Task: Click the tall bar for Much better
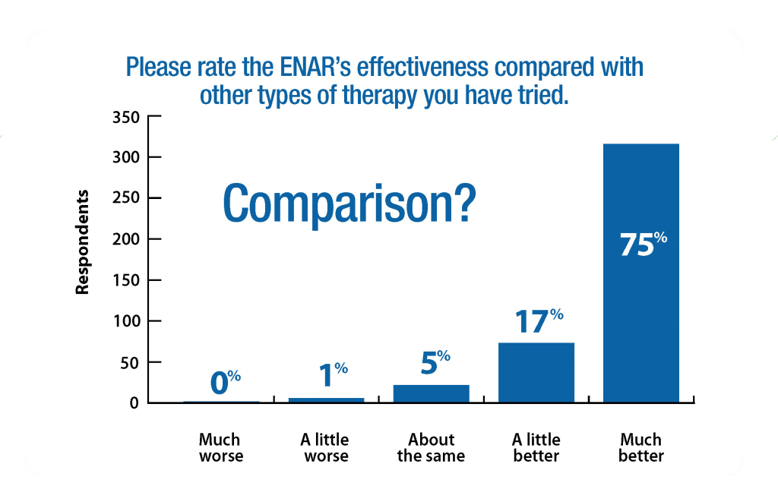pyautogui.click(x=640, y=304)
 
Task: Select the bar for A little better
pyautogui.click(x=536, y=372)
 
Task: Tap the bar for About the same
pyautogui.click(x=431, y=393)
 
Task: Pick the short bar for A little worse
pyautogui.click(x=326, y=399)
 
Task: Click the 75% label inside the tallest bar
pyautogui.click(x=642, y=245)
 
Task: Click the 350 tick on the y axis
pyautogui.click(x=127, y=117)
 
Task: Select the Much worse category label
pyautogui.click(x=220, y=448)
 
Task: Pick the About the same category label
pyautogui.click(x=431, y=448)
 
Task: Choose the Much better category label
pyautogui.click(x=640, y=448)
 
